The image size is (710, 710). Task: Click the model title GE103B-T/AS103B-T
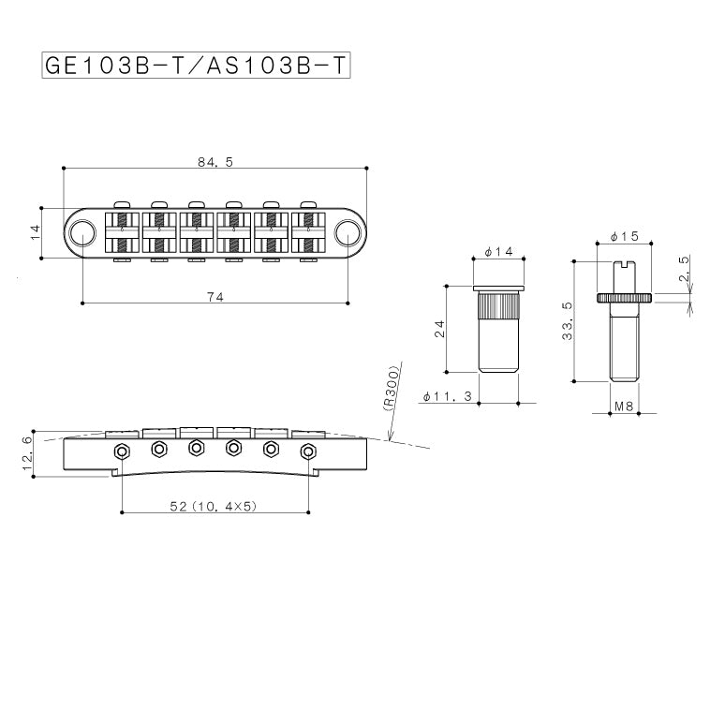pyautogui.click(x=196, y=67)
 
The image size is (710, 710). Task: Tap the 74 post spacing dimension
pyautogui.click(x=214, y=296)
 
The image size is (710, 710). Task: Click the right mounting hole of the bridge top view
pyautogui.click(x=348, y=231)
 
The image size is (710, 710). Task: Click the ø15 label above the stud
pyautogui.click(x=624, y=237)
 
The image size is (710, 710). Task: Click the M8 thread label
pyautogui.click(x=623, y=407)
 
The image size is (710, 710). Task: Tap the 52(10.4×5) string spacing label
pyautogui.click(x=214, y=507)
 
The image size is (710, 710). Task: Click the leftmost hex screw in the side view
pyautogui.click(x=122, y=451)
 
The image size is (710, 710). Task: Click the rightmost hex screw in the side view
pyautogui.click(x=306, y=451)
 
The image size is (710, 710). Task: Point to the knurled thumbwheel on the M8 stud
pyautogui.click(x=624, y=297)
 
